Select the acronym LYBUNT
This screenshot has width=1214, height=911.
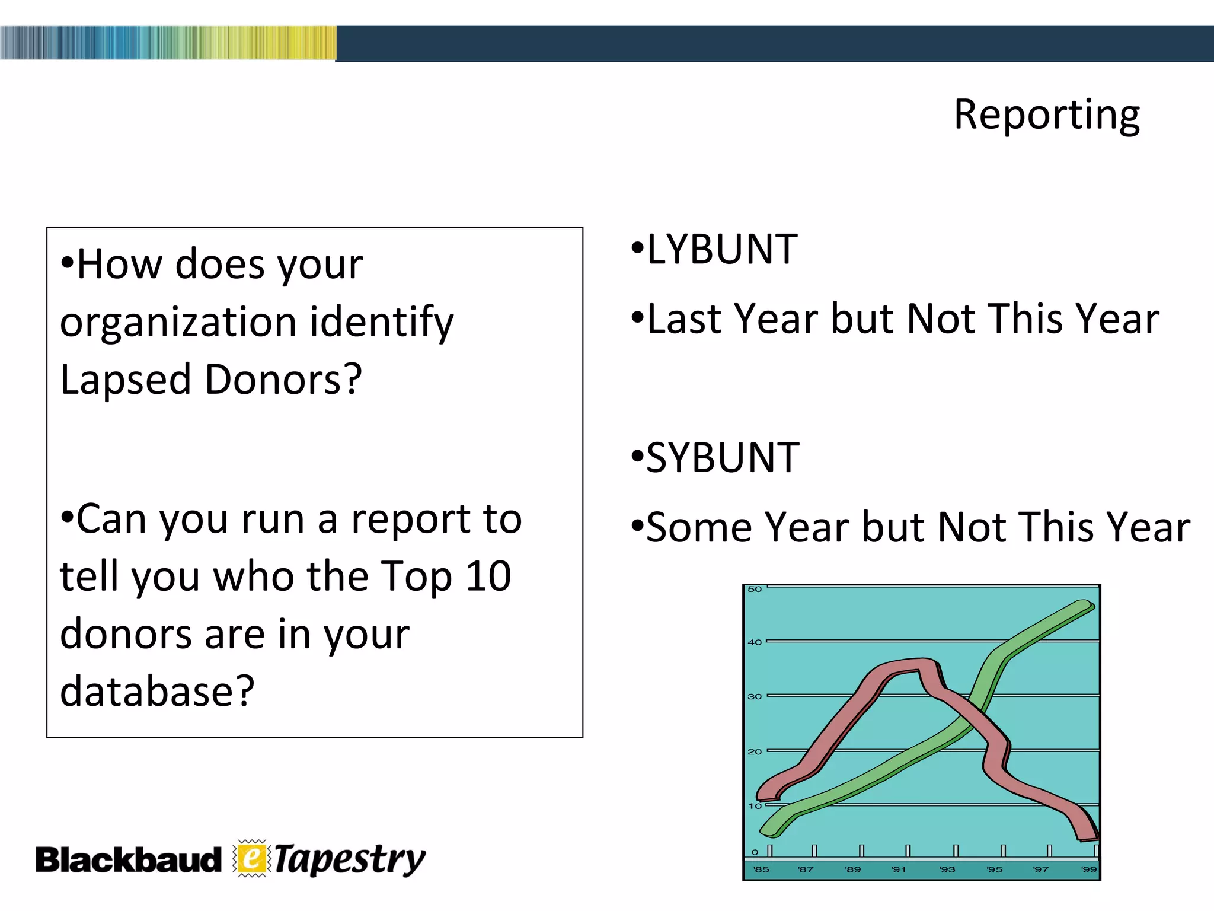click(x=721, y=250)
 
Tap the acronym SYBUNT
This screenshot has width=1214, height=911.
click(x=723, y=458)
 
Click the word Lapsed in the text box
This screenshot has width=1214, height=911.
click(x=125, y=380)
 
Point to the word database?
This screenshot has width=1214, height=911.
click(x=157, y=692)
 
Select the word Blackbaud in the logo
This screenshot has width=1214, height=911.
click(x=128, y=860)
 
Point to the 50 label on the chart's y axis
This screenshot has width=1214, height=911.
click(x=754, y=589)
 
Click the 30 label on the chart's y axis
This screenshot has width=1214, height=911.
click(x=754, y=696)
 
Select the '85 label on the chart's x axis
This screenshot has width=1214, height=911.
click(x=761, y=869)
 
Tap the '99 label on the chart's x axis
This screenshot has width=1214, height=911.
click(x=1088, y=869)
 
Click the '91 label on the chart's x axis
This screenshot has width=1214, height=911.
click(x=899, y=869)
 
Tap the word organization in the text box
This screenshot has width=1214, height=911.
click(x=178, y=323)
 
